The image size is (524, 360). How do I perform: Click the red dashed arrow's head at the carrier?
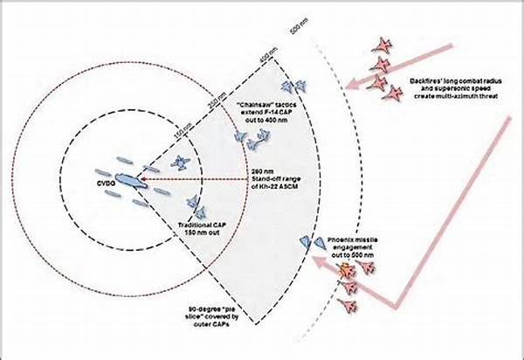coord(144,181)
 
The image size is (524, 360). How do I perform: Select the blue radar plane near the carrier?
coord(181,163)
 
